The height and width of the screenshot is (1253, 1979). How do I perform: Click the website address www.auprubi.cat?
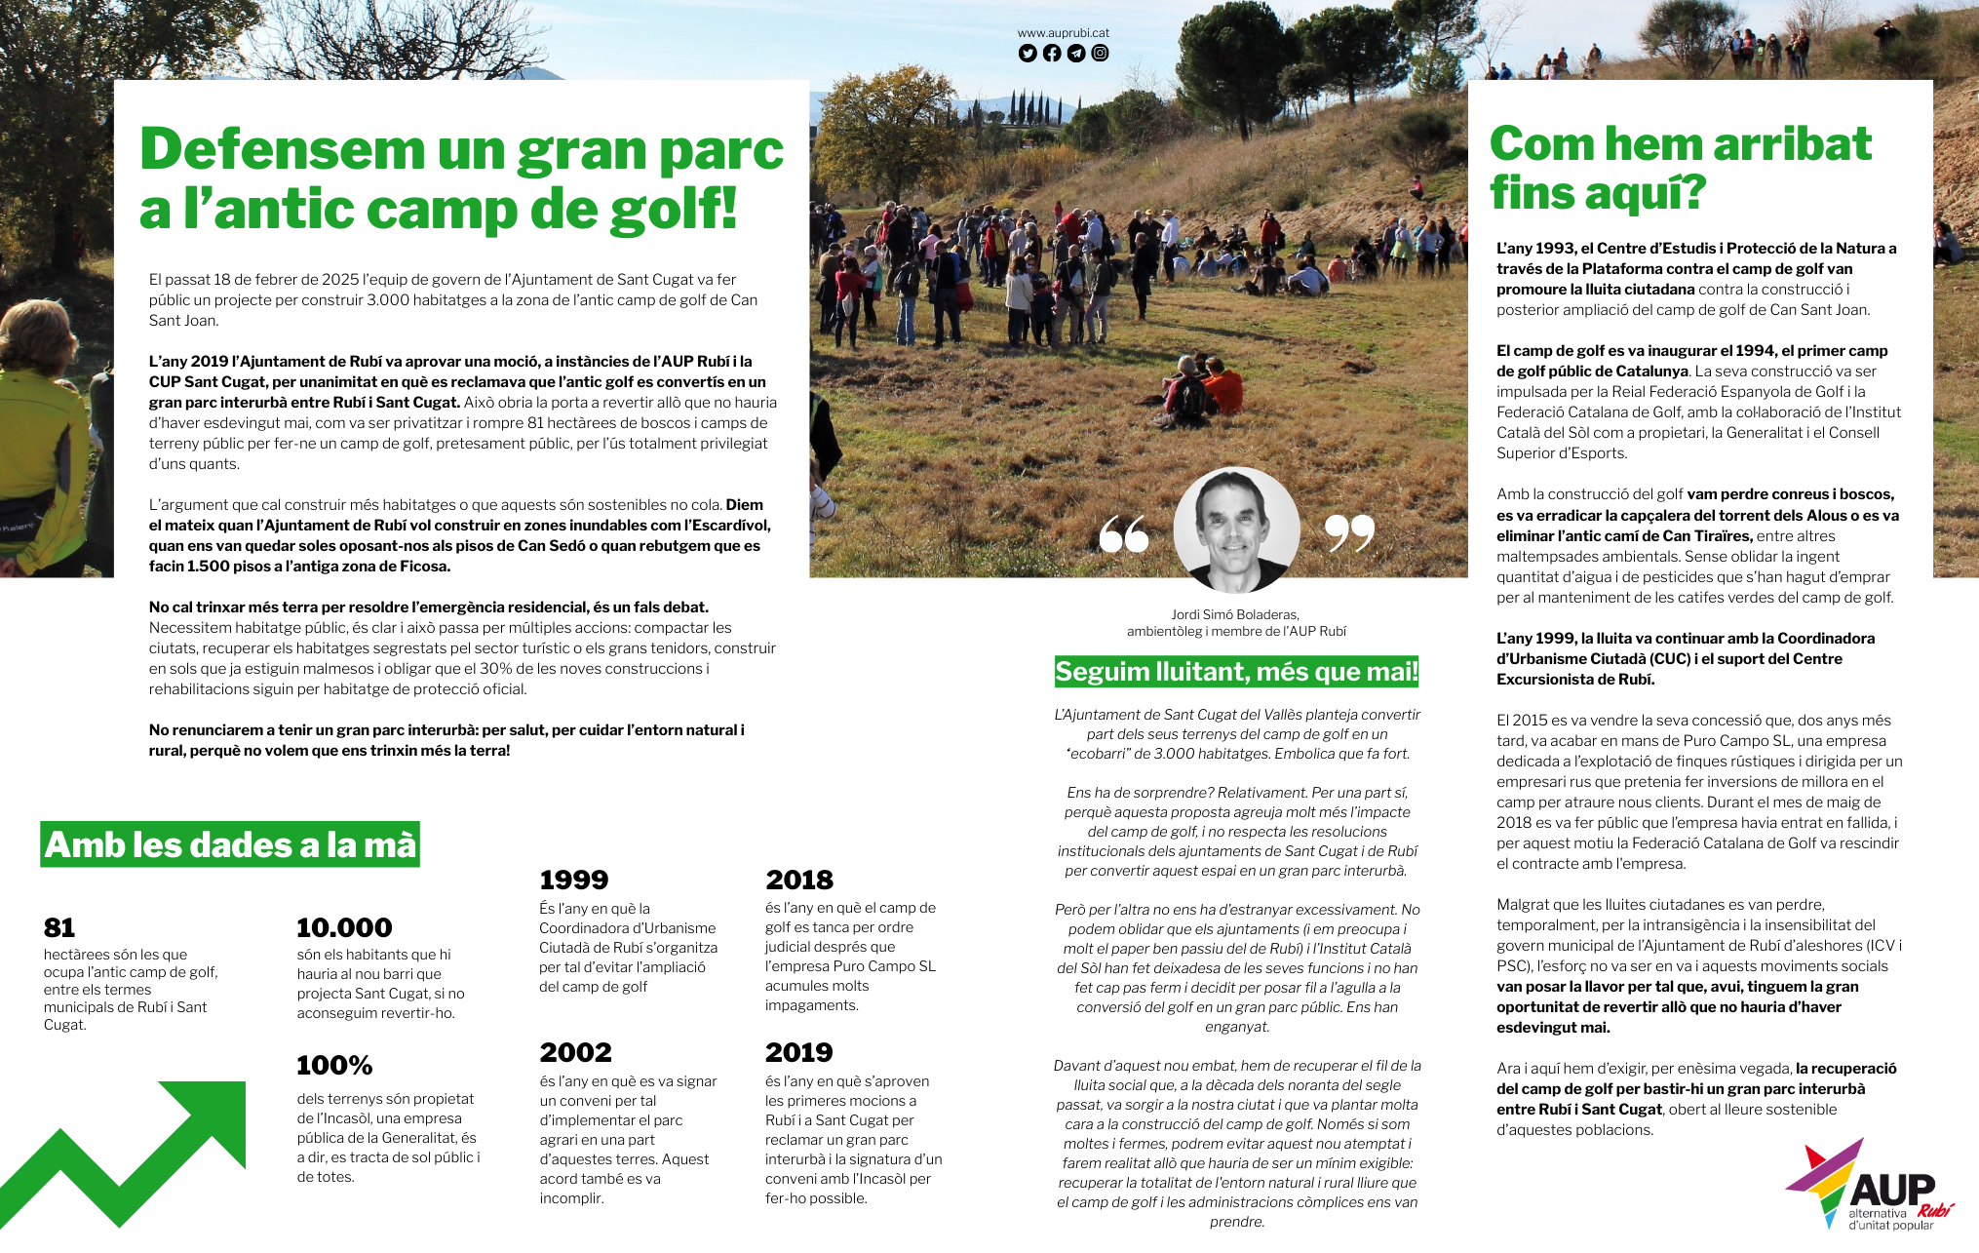pyautogui.click(x=1063, y=33)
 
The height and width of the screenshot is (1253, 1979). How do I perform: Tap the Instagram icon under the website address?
pyautogui.click(x=1100, y=54)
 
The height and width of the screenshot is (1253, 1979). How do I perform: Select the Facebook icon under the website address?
pyautogui.click(x=1052, y=54)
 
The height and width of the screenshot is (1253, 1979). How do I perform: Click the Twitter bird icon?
pyautogui.click(x=1028, y=54)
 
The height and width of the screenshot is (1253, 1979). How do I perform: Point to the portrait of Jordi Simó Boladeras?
pyautogui.click(x=1236, y=529)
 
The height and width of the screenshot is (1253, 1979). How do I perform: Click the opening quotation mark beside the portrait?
pyautogui.click(x=1124, y=533)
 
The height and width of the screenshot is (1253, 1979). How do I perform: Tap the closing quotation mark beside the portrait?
pyautogui.click(x=1349, y=532)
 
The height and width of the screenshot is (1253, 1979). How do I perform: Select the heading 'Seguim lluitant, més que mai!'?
pyautogui.click(x=1236, y=672)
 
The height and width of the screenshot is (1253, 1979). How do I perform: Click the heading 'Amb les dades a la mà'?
pyautogui.click(x=230, y=844)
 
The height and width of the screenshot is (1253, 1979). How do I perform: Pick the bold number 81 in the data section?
pyautogui.click(x=59, y=927)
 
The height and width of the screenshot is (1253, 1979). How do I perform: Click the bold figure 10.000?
pyautogui.click(x=344, y=927)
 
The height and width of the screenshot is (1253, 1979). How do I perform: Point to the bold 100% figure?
pyautogui.click(x=334, y=1065)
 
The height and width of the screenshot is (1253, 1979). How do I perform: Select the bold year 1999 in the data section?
pyautogui.click(x=574, y=880)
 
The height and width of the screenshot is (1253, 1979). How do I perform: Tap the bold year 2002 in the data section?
pyautogui.click(x=576, y=1052)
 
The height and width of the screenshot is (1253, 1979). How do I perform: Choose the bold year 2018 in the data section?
pyautogui.click(x=799, y=880)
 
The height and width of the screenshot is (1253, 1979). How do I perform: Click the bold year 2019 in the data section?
pyautogui.click(x=799, y=1052)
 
